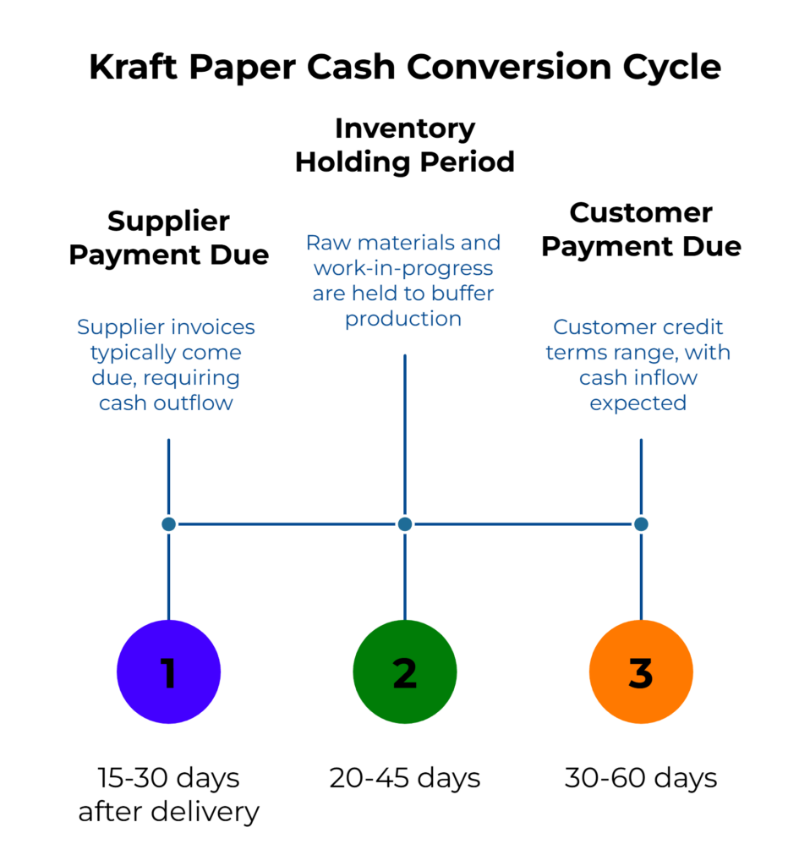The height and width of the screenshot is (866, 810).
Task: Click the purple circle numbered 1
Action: point(168,672)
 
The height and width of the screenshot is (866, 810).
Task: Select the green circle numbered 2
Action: point(404,672)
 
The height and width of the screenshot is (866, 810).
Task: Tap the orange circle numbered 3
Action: point(640,672)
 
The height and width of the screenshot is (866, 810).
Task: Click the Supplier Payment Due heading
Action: point(168,238)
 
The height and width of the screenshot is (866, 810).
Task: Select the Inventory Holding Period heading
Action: point(404,145)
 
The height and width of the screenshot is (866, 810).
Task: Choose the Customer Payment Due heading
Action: point(640,229)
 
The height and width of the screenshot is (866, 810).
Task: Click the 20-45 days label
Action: point(404,777)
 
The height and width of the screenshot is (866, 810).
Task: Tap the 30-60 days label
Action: point(640,777)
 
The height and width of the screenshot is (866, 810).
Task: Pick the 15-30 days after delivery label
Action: point(168,794)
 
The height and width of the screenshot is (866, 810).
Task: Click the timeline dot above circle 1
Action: point(168,524)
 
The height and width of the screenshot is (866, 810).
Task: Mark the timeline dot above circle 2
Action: point(404,524)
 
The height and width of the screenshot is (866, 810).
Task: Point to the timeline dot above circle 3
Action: point(640,524)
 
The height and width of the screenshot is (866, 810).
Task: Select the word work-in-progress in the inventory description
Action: point(403,269)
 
